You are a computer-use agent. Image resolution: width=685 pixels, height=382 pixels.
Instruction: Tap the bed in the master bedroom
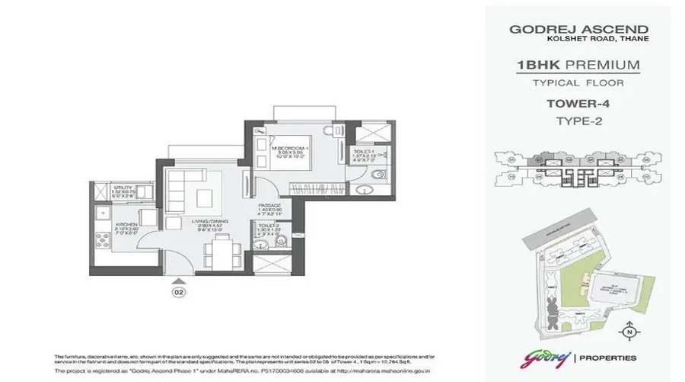(x=293, y=156)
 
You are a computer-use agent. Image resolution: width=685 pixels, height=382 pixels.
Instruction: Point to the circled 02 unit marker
(x=177, y=291)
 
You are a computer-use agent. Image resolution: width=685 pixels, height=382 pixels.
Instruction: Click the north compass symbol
(x=627, y=332)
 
